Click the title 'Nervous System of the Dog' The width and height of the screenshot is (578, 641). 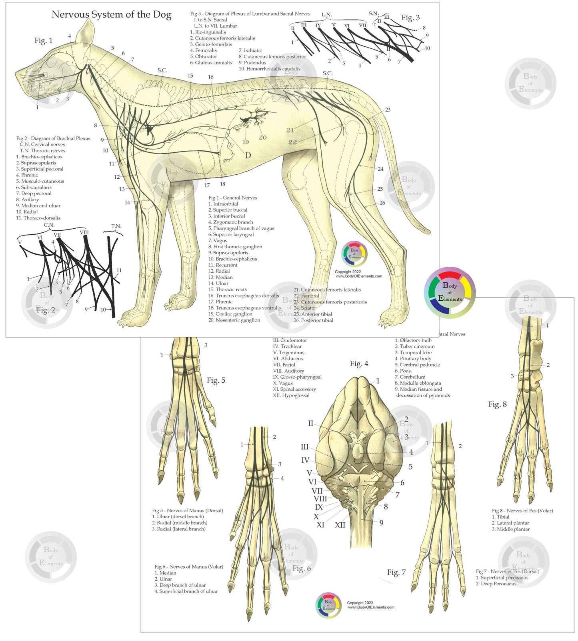coord(111,15)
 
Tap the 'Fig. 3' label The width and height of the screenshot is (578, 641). coord(410,18)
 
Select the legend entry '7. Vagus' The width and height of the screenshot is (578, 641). coord(218,241)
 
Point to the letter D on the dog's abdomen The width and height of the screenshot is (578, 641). coord(248,156)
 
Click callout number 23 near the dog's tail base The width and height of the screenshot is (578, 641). coord(388,110)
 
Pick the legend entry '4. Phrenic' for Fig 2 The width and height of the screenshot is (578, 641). coord(27,175)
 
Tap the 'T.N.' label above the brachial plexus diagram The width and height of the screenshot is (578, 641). coord(116,226)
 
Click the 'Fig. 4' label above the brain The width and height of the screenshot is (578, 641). coord(359,364)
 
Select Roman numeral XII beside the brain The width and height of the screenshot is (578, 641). coord(340,525)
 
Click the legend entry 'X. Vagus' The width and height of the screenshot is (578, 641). coord(283,383)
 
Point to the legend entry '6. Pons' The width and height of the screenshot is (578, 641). coord(403,371)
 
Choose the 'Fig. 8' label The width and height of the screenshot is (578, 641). coord(497,404)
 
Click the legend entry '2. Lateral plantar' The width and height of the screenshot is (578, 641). coord(510,523)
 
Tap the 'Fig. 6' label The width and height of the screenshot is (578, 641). coord(301,569)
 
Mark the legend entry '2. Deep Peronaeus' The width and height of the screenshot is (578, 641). coord(496,584)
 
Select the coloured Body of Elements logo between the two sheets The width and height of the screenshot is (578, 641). coord(450,292)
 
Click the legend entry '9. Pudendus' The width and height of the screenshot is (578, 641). coord(252,63)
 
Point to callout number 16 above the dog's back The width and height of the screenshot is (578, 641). coord(211,77)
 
